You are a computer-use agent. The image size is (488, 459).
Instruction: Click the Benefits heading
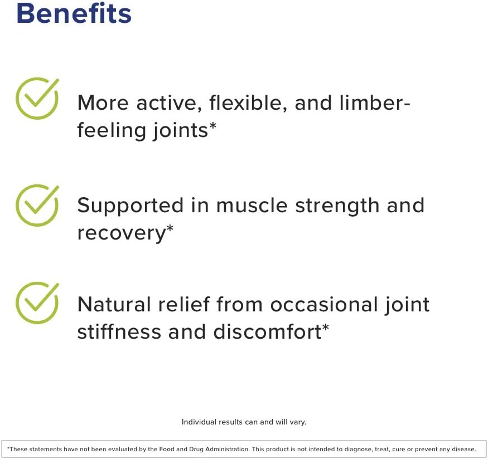tap(74, 13)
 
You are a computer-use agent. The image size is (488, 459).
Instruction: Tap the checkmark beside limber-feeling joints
tap(37, 99)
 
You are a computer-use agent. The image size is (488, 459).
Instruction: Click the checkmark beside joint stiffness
tap(37, 302)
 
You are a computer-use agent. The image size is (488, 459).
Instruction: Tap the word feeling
tap(111, 130)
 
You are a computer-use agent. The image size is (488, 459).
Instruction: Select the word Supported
tap(136, 206)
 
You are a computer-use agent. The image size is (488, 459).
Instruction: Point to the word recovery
tap(121, 233)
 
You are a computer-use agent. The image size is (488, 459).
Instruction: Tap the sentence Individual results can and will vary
tap(244, 422)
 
